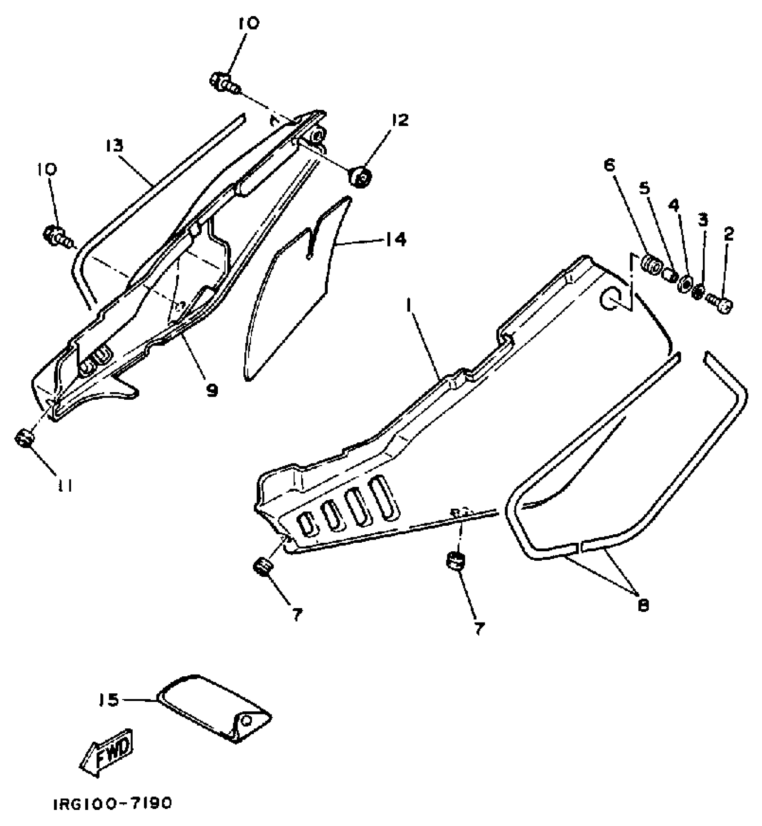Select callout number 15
pos(108,700)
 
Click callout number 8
pos(643,605)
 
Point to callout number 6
pos(609,165)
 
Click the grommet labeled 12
pos(359,177)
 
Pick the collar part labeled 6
pos(650,268)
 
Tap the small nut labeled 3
pos(697,292)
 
